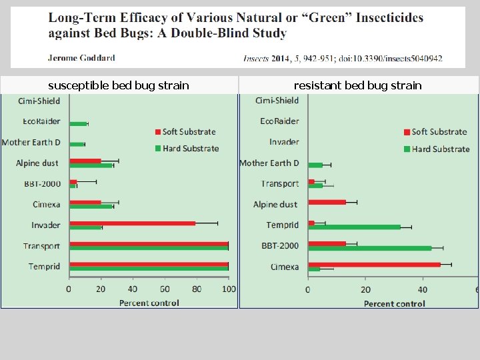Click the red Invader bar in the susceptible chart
point(133,223)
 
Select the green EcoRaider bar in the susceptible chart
point(79,124)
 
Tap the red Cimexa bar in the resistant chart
point(375,265)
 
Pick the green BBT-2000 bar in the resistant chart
point(370,248)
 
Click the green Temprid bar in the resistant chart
point(355,227)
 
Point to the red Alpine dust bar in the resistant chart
point(327,202)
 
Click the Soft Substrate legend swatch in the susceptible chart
point(158,132)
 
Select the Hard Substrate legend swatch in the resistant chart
point(407,149)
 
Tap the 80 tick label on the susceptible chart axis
point(197,289)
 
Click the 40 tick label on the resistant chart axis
point(423,289)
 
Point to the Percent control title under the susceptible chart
point(149,303)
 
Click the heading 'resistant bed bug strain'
point(357,85)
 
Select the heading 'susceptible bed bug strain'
point(119,85)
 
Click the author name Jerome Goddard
point(81,58)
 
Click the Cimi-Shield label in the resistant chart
point(277,101)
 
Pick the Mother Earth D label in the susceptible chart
point(31,143)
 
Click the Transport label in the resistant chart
point(280,184)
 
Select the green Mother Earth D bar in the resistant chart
point(315,165)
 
